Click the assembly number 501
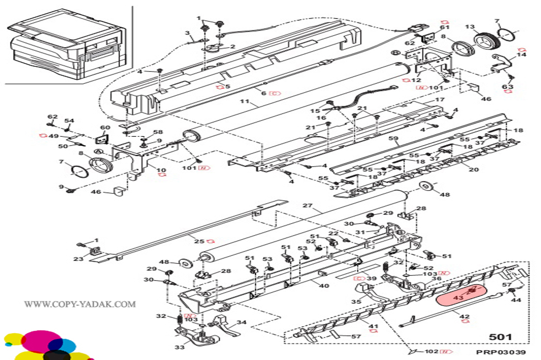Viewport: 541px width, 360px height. pos(500,337)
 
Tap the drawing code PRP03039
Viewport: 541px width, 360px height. pos(501,352)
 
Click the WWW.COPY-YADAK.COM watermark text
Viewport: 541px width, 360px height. pos(80,304)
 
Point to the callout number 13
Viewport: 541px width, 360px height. pos(470,27)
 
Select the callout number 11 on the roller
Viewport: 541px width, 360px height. pos(245,101)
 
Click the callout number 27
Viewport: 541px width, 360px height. pos(307,206)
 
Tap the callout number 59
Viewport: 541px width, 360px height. pos(393,138)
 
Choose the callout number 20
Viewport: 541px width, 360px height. pos(474,169)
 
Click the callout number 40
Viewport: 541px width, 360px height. pos(324,285)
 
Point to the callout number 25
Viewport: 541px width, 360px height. pos(199,241)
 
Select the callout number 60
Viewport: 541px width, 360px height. pos(105,127)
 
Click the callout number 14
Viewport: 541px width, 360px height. pos(521,55)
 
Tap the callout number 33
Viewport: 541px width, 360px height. pos(179,347)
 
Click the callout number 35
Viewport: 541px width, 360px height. pos(356,301)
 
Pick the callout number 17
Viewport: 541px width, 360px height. pos(440,100)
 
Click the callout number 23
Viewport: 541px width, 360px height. pos(78,258)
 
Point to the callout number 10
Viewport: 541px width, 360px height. pos(161,170)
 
